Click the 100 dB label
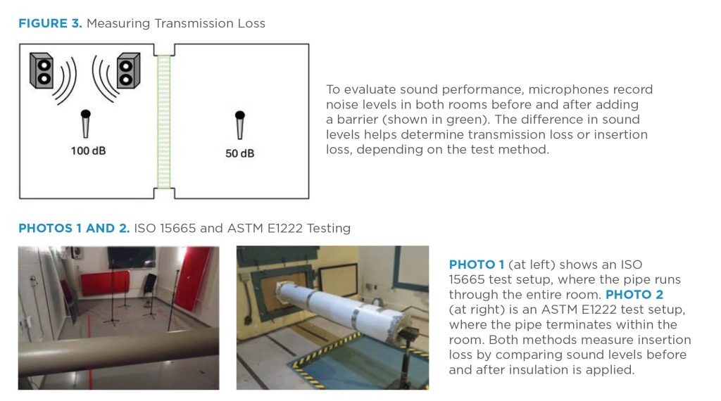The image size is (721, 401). tap(88, 151)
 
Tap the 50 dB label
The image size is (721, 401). tap(239, 153)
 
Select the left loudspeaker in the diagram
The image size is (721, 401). tap(42, 70)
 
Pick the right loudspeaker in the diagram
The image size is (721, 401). tap(128, 71)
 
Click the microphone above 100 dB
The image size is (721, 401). tap(85, 124)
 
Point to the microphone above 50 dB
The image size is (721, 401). tap(239, 125)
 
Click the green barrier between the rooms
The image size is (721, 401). tap(163, 121)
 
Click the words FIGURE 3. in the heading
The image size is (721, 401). tap(50, 23)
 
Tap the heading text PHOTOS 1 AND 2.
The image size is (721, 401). tap(74, 229)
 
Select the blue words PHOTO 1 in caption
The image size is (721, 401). tap(477, 265)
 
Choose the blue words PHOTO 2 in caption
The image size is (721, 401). tap(634, 295)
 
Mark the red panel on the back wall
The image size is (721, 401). tap(106, 283)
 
